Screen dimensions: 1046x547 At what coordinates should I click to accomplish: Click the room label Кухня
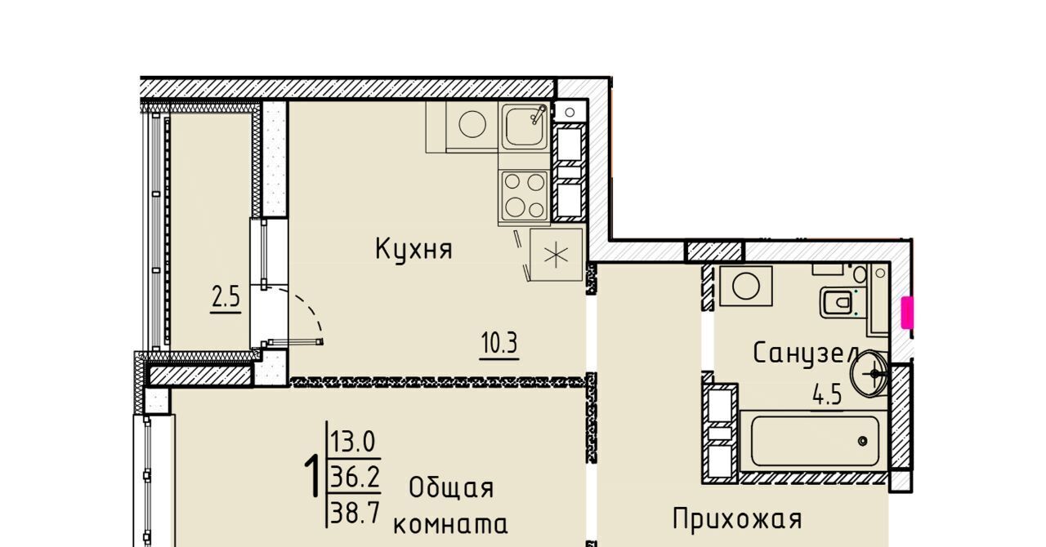click(x=413, y=250)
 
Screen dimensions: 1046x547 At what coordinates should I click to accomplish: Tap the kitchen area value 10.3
click(x=499, y=344)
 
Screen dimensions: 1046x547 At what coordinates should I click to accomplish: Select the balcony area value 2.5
click(x=226, y=297)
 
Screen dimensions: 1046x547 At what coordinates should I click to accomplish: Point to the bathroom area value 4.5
click(x=827, y=395)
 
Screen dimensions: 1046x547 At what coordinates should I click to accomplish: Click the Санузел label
click(x=807, y=354)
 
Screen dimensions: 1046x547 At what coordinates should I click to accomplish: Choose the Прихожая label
click(x=737, y=519)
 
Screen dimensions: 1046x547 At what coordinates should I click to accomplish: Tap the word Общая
click(x=451, y=489)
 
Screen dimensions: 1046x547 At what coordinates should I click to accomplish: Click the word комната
click(x=450, y=525)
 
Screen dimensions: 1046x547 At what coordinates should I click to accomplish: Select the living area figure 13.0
click(x=353, y=442)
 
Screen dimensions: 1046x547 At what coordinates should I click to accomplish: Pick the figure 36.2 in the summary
click(x=355, y=477)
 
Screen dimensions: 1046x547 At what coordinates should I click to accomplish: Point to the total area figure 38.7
click(x=355, y=514)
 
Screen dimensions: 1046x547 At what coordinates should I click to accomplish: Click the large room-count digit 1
click(x=312, y=477)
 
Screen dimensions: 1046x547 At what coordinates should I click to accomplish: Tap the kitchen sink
click(x=525, y=126)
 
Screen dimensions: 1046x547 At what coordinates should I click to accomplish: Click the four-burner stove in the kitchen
click(x=525, y=195)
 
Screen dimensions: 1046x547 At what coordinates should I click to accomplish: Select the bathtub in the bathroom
click(x=815, y=441)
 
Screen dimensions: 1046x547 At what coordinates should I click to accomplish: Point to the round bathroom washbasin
click(x=869, y=373)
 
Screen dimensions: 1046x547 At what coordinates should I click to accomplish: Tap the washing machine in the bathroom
click(x=746, y=286)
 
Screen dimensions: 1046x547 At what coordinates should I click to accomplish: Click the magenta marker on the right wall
click(x=907, y=312)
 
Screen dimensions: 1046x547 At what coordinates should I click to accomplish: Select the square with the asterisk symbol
click(x=557, y=255)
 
